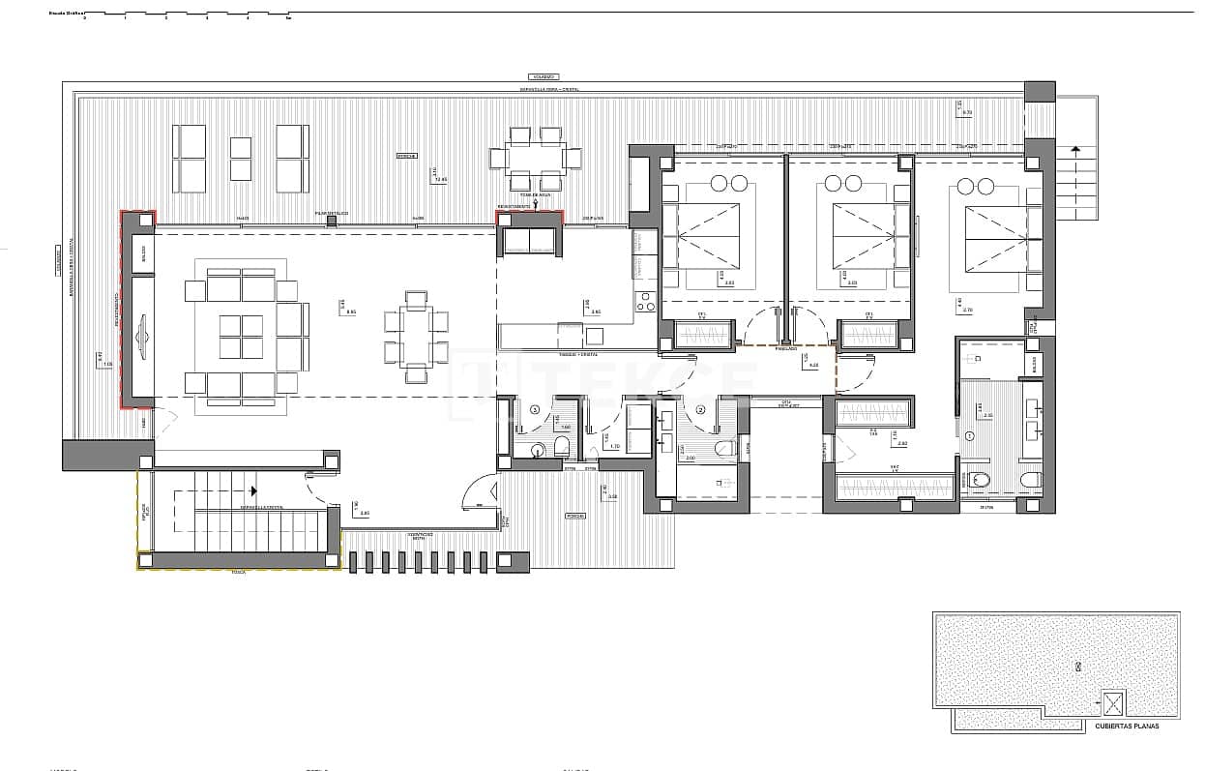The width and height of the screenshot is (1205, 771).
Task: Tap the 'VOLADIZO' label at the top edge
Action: (543, 76)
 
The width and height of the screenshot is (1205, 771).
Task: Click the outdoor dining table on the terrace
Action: (535, 157)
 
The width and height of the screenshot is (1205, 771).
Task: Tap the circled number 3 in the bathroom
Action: (534, 410)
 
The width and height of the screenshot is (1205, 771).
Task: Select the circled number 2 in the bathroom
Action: (700, 409)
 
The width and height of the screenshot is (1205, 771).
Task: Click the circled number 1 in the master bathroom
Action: (969, 436)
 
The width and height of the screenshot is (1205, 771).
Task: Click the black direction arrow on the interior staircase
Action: (253, 491)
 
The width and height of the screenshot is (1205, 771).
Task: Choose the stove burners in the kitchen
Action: (644, 303)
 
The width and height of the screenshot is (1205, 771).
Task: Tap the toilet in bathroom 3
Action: (560, 447)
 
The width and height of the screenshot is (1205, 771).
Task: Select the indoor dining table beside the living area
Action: (416, 336)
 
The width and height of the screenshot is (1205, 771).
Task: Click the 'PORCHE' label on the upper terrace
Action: (406, 156)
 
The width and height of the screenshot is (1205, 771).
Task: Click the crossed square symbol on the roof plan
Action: (1114, 701)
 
